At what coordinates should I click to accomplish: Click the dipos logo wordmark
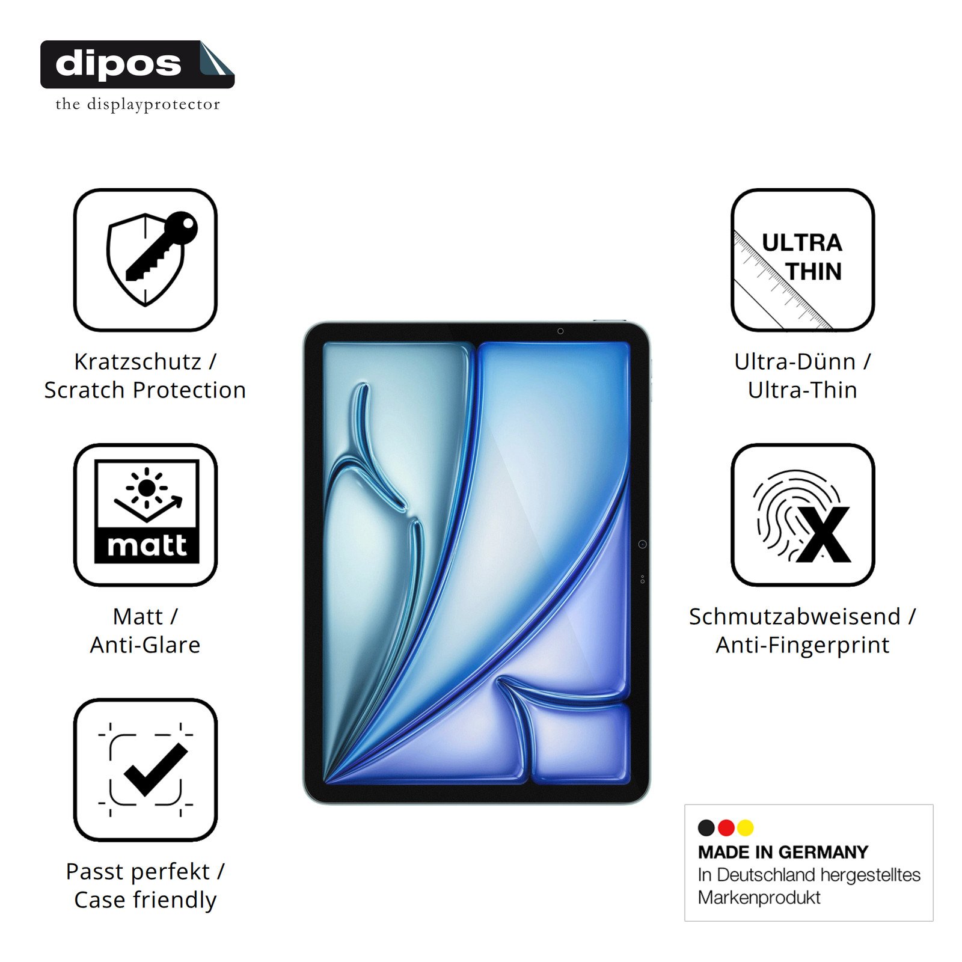tap(118, 64)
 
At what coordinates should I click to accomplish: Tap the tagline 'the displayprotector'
tap(138, 104)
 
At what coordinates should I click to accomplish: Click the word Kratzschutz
tap(138, 361)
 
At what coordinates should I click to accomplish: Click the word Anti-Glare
tap(145, 645)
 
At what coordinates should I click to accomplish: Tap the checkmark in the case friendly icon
tap(156, 770)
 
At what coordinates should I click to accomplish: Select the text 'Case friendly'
tap(145, 900)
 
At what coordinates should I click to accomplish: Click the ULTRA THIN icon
tap(803, 260)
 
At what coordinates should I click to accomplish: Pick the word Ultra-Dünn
tap(795, 361)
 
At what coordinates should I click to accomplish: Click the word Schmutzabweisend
tap(795, 616)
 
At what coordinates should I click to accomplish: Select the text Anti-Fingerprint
tap(803, 645)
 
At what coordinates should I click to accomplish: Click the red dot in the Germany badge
tap(726, 828)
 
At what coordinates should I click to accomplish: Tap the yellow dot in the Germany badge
tap(746, 828)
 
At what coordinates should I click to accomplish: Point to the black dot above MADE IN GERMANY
tap(706, 828)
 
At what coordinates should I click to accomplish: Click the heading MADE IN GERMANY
tap(783, 852)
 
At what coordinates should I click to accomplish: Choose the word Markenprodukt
tap(759, 898)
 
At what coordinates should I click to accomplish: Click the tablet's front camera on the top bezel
tap(560, 331)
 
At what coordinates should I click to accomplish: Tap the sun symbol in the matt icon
tap(146, 487)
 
